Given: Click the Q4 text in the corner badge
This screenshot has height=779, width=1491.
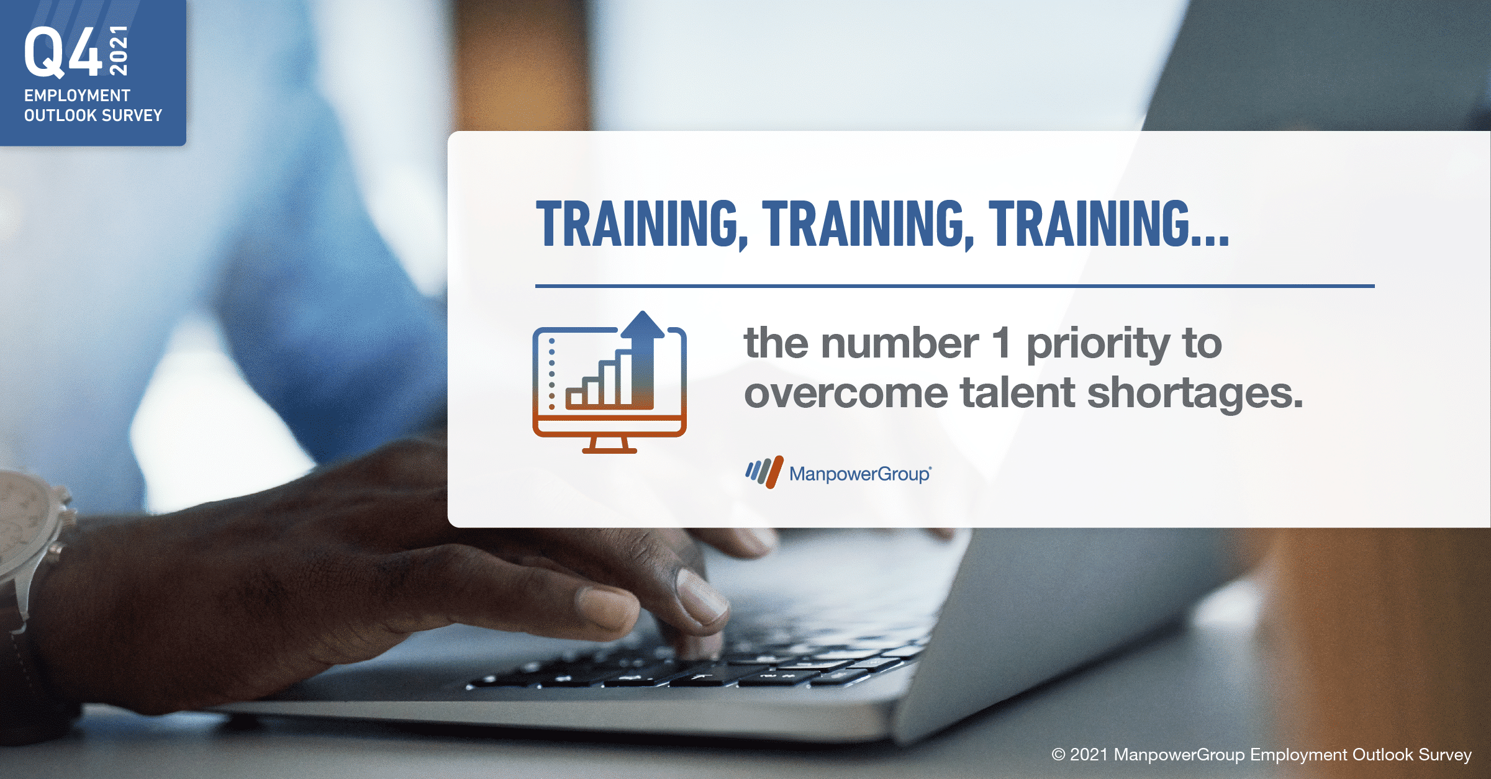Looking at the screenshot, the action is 63,52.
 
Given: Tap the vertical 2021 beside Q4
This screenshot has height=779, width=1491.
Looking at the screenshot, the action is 118,51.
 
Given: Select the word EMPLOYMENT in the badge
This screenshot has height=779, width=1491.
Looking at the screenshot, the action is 77,96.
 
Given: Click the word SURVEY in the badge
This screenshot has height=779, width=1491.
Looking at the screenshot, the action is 132,115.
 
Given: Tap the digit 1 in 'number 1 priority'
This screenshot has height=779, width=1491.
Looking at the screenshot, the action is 1001,343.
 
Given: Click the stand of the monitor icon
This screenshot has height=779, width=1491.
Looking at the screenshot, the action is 609,444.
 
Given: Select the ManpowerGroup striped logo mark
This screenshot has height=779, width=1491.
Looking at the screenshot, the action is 764,472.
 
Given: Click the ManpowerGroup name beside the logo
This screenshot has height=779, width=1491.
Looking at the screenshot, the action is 860,474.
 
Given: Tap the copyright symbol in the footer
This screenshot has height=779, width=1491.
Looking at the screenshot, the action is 1058,755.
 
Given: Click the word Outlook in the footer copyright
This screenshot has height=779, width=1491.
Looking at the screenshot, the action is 1383,754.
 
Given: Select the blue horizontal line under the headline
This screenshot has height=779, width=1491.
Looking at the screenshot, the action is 955,286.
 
